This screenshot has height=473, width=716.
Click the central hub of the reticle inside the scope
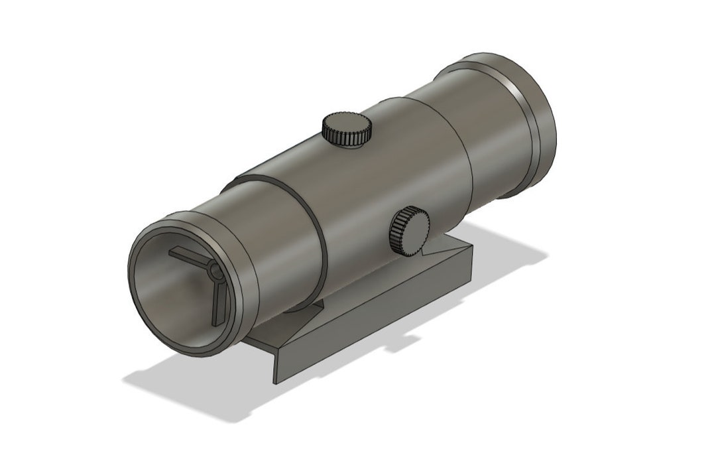[214, 272]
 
